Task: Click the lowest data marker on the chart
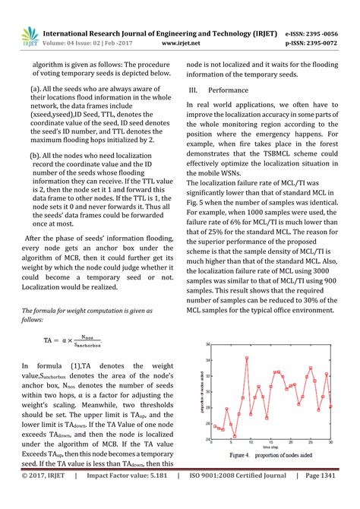(x=235, y=436)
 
